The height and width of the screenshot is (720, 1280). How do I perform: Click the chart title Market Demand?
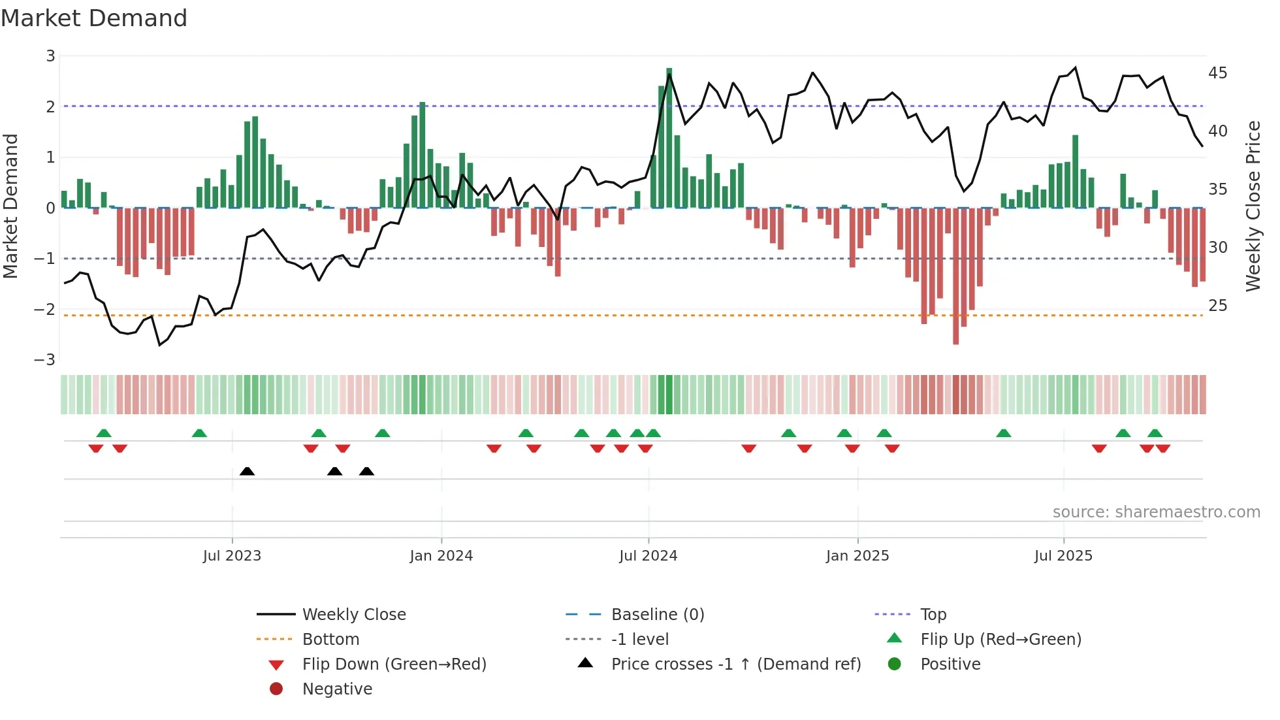pos(94,18)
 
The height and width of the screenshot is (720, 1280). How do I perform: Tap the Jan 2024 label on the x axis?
pos(441,556)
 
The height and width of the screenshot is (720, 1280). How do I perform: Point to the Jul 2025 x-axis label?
pos(1063,556)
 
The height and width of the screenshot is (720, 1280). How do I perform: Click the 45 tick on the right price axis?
pos(1217,73)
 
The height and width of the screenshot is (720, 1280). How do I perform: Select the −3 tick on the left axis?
pos(45,360)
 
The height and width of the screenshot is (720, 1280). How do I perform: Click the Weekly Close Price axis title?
pos(1253,206)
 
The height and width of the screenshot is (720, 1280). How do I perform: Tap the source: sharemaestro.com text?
pos(1156,512)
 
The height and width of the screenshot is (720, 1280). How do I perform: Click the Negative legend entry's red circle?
pos(276,689)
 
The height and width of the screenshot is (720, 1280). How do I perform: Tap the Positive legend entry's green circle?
pos(895,664)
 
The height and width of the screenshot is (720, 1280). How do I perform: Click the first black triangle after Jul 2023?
pos(247,471)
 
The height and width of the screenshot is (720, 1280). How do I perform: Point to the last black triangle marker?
pos(366,471)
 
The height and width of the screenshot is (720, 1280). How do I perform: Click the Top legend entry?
pos(933,615)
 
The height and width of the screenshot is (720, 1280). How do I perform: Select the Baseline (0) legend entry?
pos(657,615)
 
